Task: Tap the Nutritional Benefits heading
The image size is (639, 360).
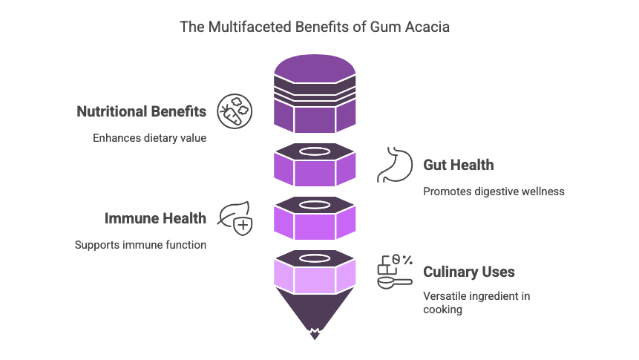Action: tap(142, 112)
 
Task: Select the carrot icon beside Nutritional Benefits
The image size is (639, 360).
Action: tap(234, 112)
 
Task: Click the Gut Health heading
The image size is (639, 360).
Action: tap(458, 165)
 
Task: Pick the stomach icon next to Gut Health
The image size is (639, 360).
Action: tap(393, 165)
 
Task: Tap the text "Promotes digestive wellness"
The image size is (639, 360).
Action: tap(494, 192)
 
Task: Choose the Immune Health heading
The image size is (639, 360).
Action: tap(155, 218)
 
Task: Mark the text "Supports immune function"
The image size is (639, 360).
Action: tap(140, 245)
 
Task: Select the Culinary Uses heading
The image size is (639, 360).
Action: tap(468, 272)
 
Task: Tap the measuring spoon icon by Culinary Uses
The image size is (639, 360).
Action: tap(394, 272)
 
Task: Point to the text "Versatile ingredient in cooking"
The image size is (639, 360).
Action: tap(476, 303)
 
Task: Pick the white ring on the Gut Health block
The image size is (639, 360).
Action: tap(315, 151)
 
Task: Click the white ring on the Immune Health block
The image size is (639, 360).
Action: tap(315, 205)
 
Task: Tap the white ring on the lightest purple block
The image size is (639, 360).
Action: tap(315, 258)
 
